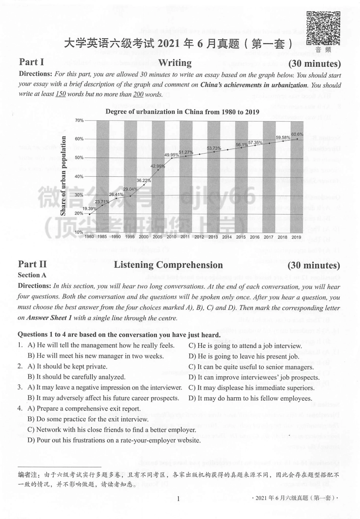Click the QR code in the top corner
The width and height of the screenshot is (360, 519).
(x=323, y=28)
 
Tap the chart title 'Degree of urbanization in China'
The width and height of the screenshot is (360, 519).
(x=182, y=111)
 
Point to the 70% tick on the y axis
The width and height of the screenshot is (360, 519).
(x=79, y=121)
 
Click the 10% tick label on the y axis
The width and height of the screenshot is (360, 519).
(x=79, y=232)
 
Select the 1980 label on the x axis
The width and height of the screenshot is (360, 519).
(x=89, y=237)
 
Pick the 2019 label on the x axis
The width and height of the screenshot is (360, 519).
(x=296, y=237)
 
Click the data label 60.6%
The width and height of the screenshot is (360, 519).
(x=297, y=134)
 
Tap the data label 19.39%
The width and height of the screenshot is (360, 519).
(x=89, y=209)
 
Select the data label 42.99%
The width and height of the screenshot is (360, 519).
(x=158, y=166)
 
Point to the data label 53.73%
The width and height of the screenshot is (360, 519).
(x=214, y=148)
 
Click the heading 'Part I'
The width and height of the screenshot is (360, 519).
(x=31, y=62)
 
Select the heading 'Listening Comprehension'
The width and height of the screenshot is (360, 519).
(x=168, y=265)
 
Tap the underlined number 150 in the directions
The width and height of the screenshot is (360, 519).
(x=61, y=94)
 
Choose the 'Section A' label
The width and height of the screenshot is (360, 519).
(x=32, y=275)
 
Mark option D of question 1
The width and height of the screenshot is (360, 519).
(x=244, y=356)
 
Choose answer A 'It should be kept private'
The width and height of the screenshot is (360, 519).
(x=67, y=367)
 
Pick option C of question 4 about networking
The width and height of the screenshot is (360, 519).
(x=112, y=430)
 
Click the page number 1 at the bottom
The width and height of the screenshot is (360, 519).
(x=178, y=499)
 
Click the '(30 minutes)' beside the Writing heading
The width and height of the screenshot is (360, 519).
(x=314, y=63)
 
